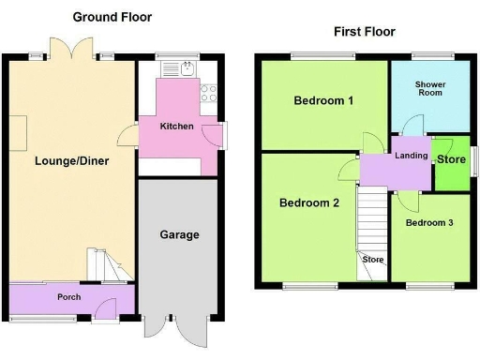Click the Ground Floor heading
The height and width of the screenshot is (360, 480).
(x=112, y=17)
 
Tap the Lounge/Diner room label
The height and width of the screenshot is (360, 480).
(x=71, y=161)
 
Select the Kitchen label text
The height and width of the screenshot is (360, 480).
(x=176, y=126)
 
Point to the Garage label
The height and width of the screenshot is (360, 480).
(x=178, y=234)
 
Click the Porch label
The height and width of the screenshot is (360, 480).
(x=68, y=297)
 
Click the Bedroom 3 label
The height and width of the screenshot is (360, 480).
(x=429, y=223)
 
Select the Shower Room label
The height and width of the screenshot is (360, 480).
(x=429, y=90)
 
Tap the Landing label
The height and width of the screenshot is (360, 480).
(x=412, y=156)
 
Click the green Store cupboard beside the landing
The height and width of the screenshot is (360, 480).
(x=451, y=159)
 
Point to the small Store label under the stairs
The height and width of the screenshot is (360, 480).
(x=373, y=260)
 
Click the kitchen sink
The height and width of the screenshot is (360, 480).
(x=187, y=68)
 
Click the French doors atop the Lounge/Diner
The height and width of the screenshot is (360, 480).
(x=71, y=51)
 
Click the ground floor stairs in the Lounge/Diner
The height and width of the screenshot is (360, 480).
(x=104, y=266)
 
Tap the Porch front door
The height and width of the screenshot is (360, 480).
(x=110, y=306)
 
